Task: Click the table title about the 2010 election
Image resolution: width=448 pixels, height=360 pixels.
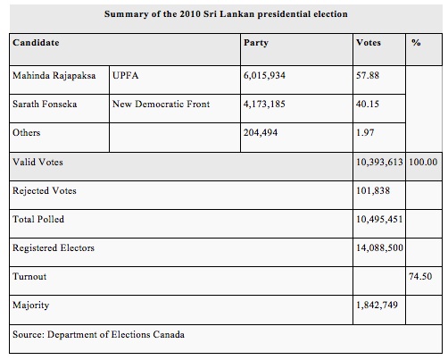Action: pos(226,14)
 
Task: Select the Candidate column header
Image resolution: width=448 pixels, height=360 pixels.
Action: pos(36,43)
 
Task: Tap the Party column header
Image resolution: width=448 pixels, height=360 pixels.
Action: pos(256,43)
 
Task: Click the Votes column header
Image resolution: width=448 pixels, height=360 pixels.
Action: pos(369,43)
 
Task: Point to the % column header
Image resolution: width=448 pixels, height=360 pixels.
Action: pos(416,43)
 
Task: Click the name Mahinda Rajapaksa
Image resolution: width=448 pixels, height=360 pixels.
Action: pos(54,76)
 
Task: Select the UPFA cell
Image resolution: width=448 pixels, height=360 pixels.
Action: pos(126,75)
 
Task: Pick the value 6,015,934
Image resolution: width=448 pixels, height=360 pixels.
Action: pos(264,75)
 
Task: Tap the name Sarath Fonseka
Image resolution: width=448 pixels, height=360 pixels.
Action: pos(45,104)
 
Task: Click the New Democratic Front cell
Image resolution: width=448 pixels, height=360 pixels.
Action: pos(161,104)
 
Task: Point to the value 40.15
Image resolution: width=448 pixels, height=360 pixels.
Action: pos(368,104)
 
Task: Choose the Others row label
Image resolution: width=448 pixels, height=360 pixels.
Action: pos(27,132)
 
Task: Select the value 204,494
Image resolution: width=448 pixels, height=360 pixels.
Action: pos(261,132)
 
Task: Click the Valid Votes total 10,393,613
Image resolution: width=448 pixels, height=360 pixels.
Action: pos(379,162)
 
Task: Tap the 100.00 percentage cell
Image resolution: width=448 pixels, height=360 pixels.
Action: pos(423,162)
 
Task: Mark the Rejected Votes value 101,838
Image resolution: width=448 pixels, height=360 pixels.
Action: pos(373,190)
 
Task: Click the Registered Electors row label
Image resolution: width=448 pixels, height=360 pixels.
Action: pos(54,247)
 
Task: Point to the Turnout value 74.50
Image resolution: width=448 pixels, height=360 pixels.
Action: pos(420,276)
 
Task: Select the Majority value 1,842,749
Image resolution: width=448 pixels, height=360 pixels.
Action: pos(377,305)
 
